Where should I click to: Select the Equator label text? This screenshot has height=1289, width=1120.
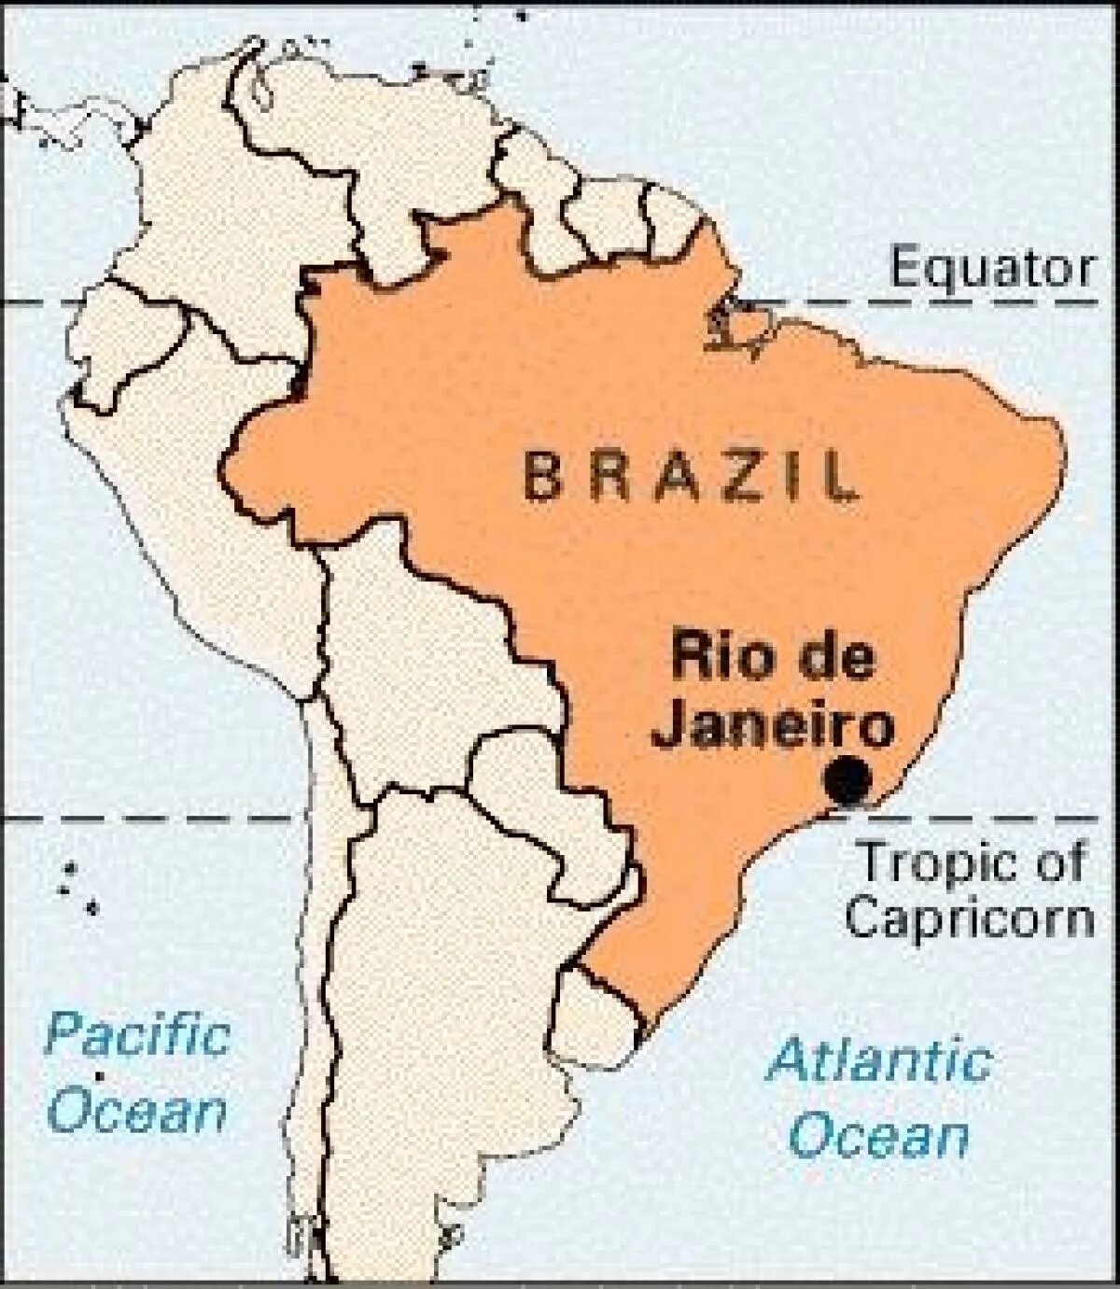991,269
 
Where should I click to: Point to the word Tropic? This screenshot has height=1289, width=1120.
934,864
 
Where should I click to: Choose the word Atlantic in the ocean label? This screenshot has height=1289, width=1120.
877,1063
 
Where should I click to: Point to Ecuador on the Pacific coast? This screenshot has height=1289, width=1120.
121,345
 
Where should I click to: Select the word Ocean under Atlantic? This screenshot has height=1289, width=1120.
879,1137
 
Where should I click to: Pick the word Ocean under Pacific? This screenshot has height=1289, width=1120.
138,1111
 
